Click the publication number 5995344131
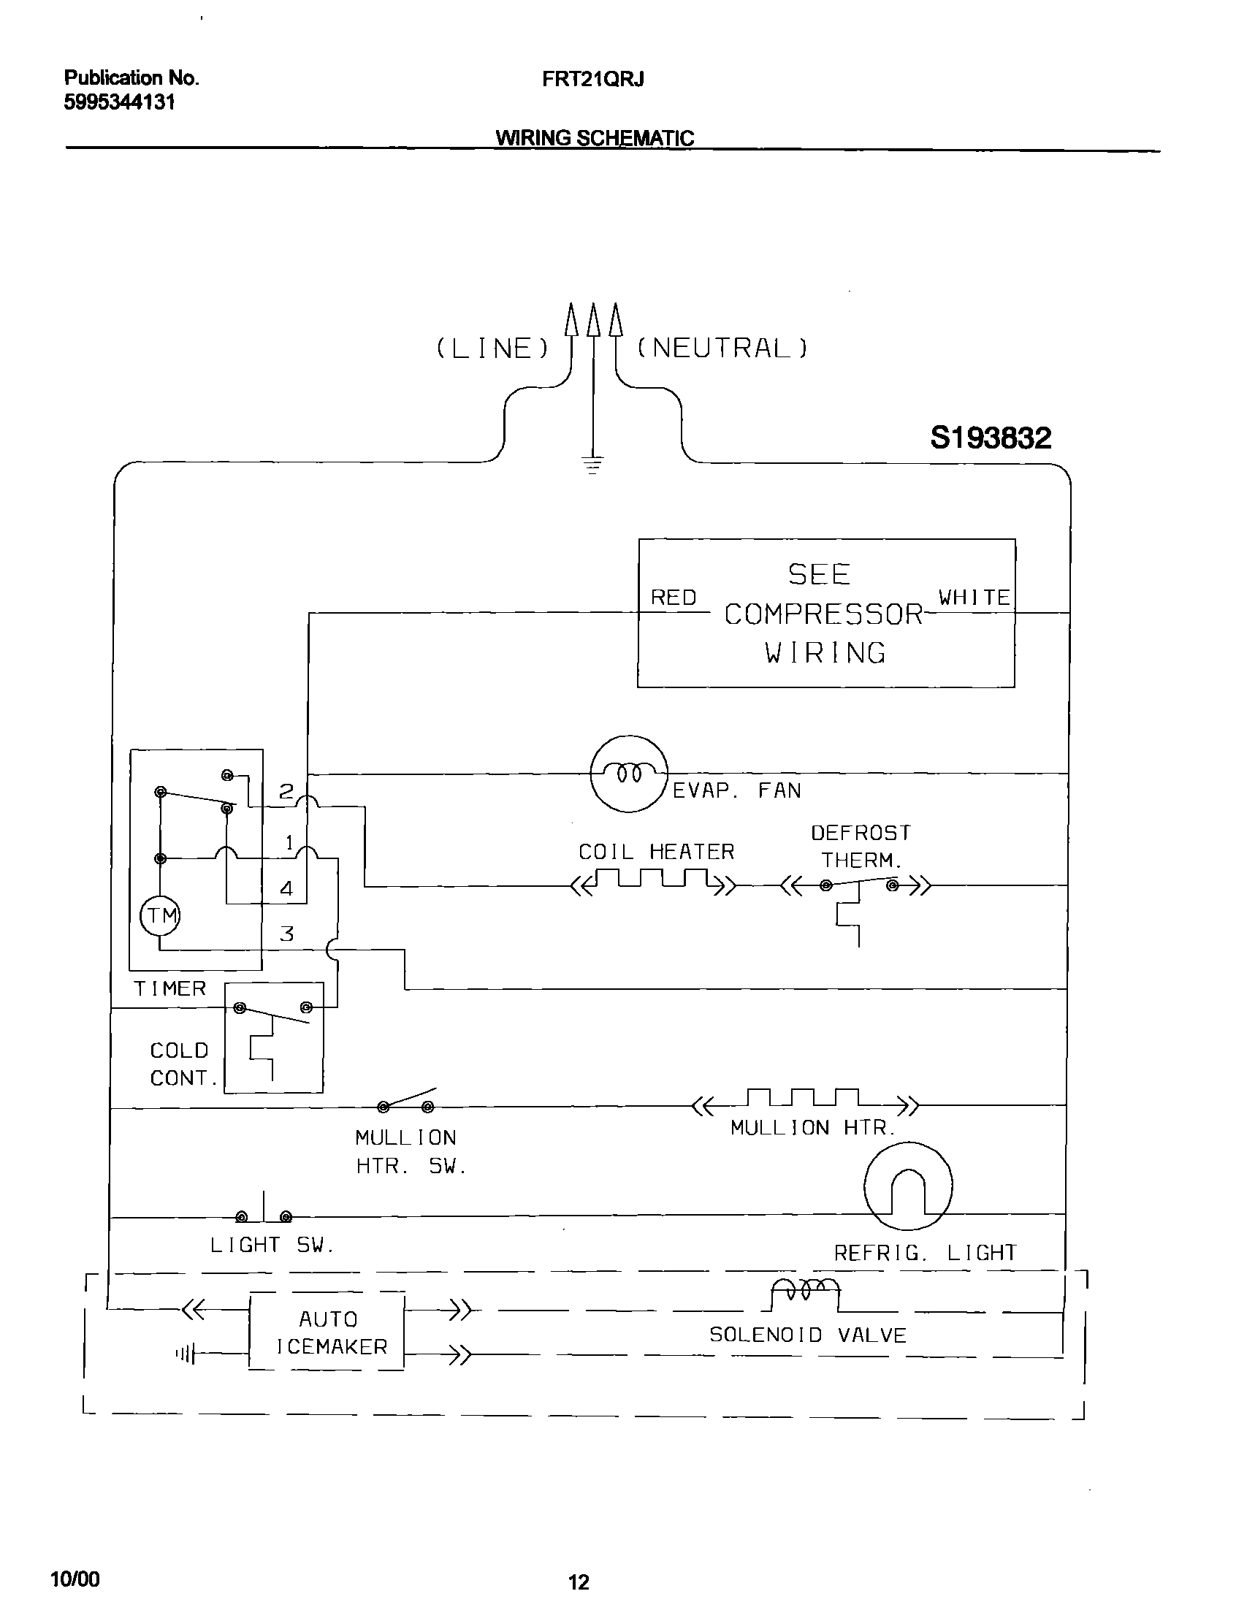point(119,102)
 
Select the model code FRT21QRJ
point(592,80)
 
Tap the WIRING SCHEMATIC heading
point(594,137)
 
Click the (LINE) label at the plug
point(492,348)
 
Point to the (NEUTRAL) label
point(722,348)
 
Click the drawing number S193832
point(990,439)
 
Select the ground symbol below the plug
point(593,465)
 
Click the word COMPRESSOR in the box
point(823,614)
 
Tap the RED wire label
point(673,598)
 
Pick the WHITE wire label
point(974,598)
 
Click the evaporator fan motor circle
point(628,774)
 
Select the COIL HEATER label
point(656,852)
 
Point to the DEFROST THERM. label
point(861,846)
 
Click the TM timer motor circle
point(160,915)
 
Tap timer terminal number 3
point(286,934)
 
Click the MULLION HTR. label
point(812,1127)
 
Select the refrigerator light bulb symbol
point(907,1186)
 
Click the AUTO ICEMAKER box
point(327,1332)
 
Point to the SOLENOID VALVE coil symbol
point(805,1291)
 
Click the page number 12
point(579,1582)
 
